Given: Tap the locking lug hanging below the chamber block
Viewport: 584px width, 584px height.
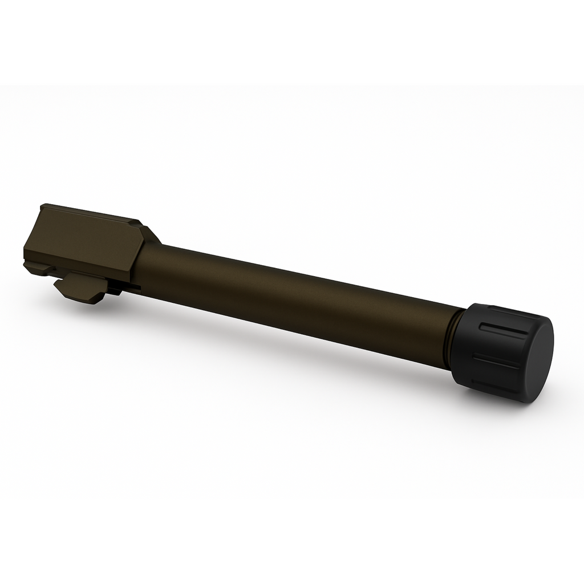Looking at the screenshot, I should (x=80, y=287).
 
